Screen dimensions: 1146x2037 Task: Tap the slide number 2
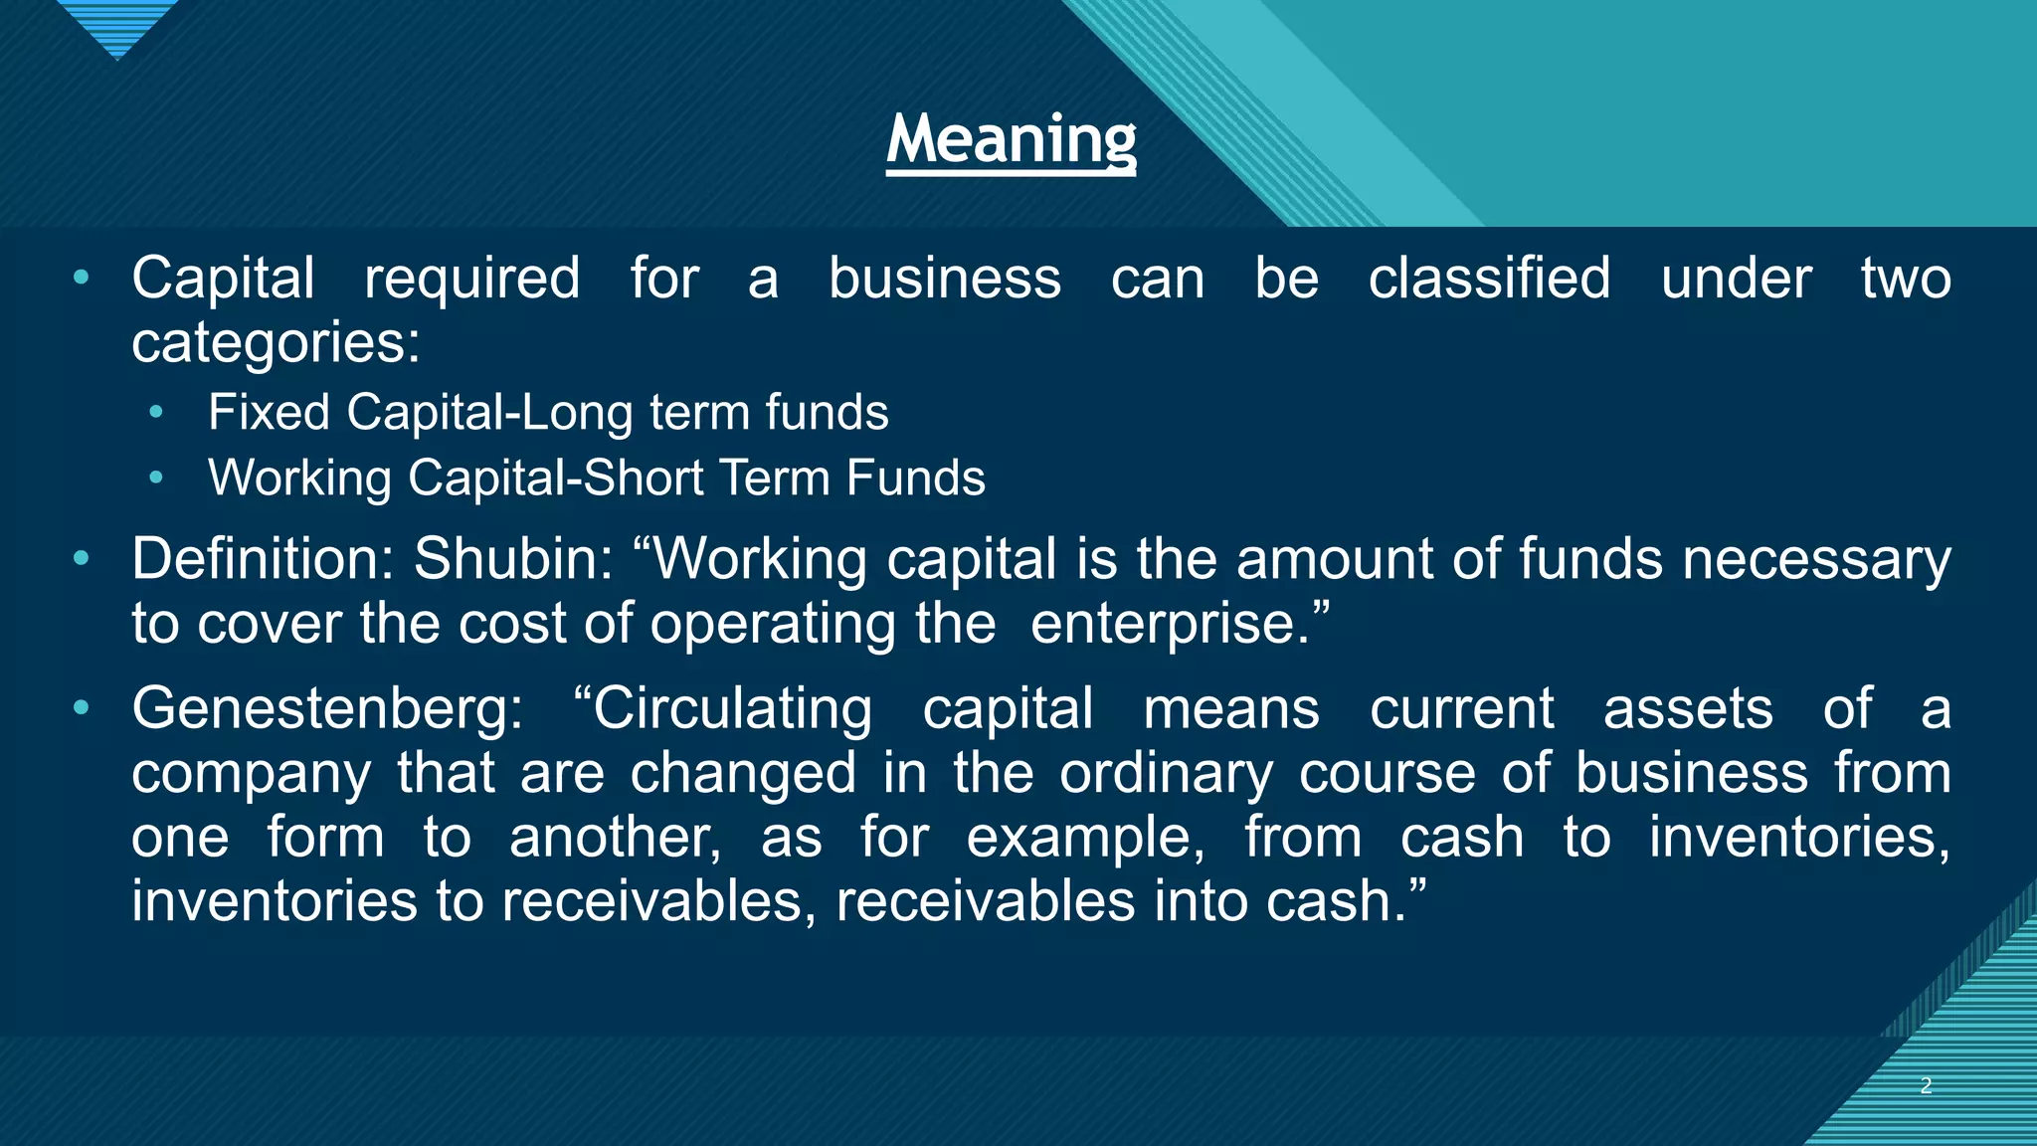1926,1085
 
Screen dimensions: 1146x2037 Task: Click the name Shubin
507,559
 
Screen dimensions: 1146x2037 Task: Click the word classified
1489,278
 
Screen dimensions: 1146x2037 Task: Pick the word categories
275,343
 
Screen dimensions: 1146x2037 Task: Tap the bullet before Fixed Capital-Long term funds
155,413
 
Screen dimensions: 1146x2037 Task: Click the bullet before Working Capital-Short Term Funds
155,478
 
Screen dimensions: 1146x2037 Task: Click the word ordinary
1166,774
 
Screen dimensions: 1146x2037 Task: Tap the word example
1084,838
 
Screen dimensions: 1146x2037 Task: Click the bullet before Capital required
81,277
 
